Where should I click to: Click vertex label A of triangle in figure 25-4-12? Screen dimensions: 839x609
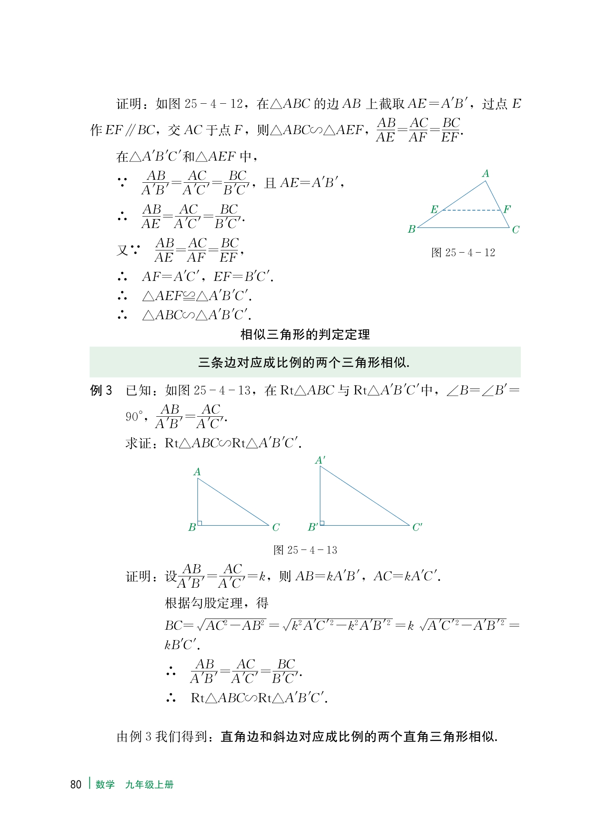point(485,174)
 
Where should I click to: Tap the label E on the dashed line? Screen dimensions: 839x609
point(434,209)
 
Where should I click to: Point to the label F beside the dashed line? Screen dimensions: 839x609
point(507,209)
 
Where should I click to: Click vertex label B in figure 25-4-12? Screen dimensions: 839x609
point(411,229)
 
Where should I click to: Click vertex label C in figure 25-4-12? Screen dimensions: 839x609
point(515,230)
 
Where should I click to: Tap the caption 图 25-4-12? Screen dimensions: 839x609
point(463,253)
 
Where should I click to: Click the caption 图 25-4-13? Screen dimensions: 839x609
point(305,550)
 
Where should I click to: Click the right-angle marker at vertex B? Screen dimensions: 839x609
point(200,523)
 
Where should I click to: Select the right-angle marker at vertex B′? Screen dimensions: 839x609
point(322,523)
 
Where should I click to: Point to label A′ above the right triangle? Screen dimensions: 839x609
point(320,460)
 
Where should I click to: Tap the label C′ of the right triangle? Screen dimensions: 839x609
point(417,527)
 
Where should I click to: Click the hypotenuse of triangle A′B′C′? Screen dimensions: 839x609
point(365,496)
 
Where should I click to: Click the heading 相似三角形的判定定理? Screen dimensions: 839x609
point(305,334)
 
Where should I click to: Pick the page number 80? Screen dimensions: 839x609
point(76,784)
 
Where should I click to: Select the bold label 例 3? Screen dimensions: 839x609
point(101,391)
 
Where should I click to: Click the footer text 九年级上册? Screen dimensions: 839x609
point(149,784)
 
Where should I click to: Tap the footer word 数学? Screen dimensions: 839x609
point(105,784)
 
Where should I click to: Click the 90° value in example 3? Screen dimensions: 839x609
point(134,417)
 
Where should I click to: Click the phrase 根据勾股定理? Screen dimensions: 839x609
point(204,603)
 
